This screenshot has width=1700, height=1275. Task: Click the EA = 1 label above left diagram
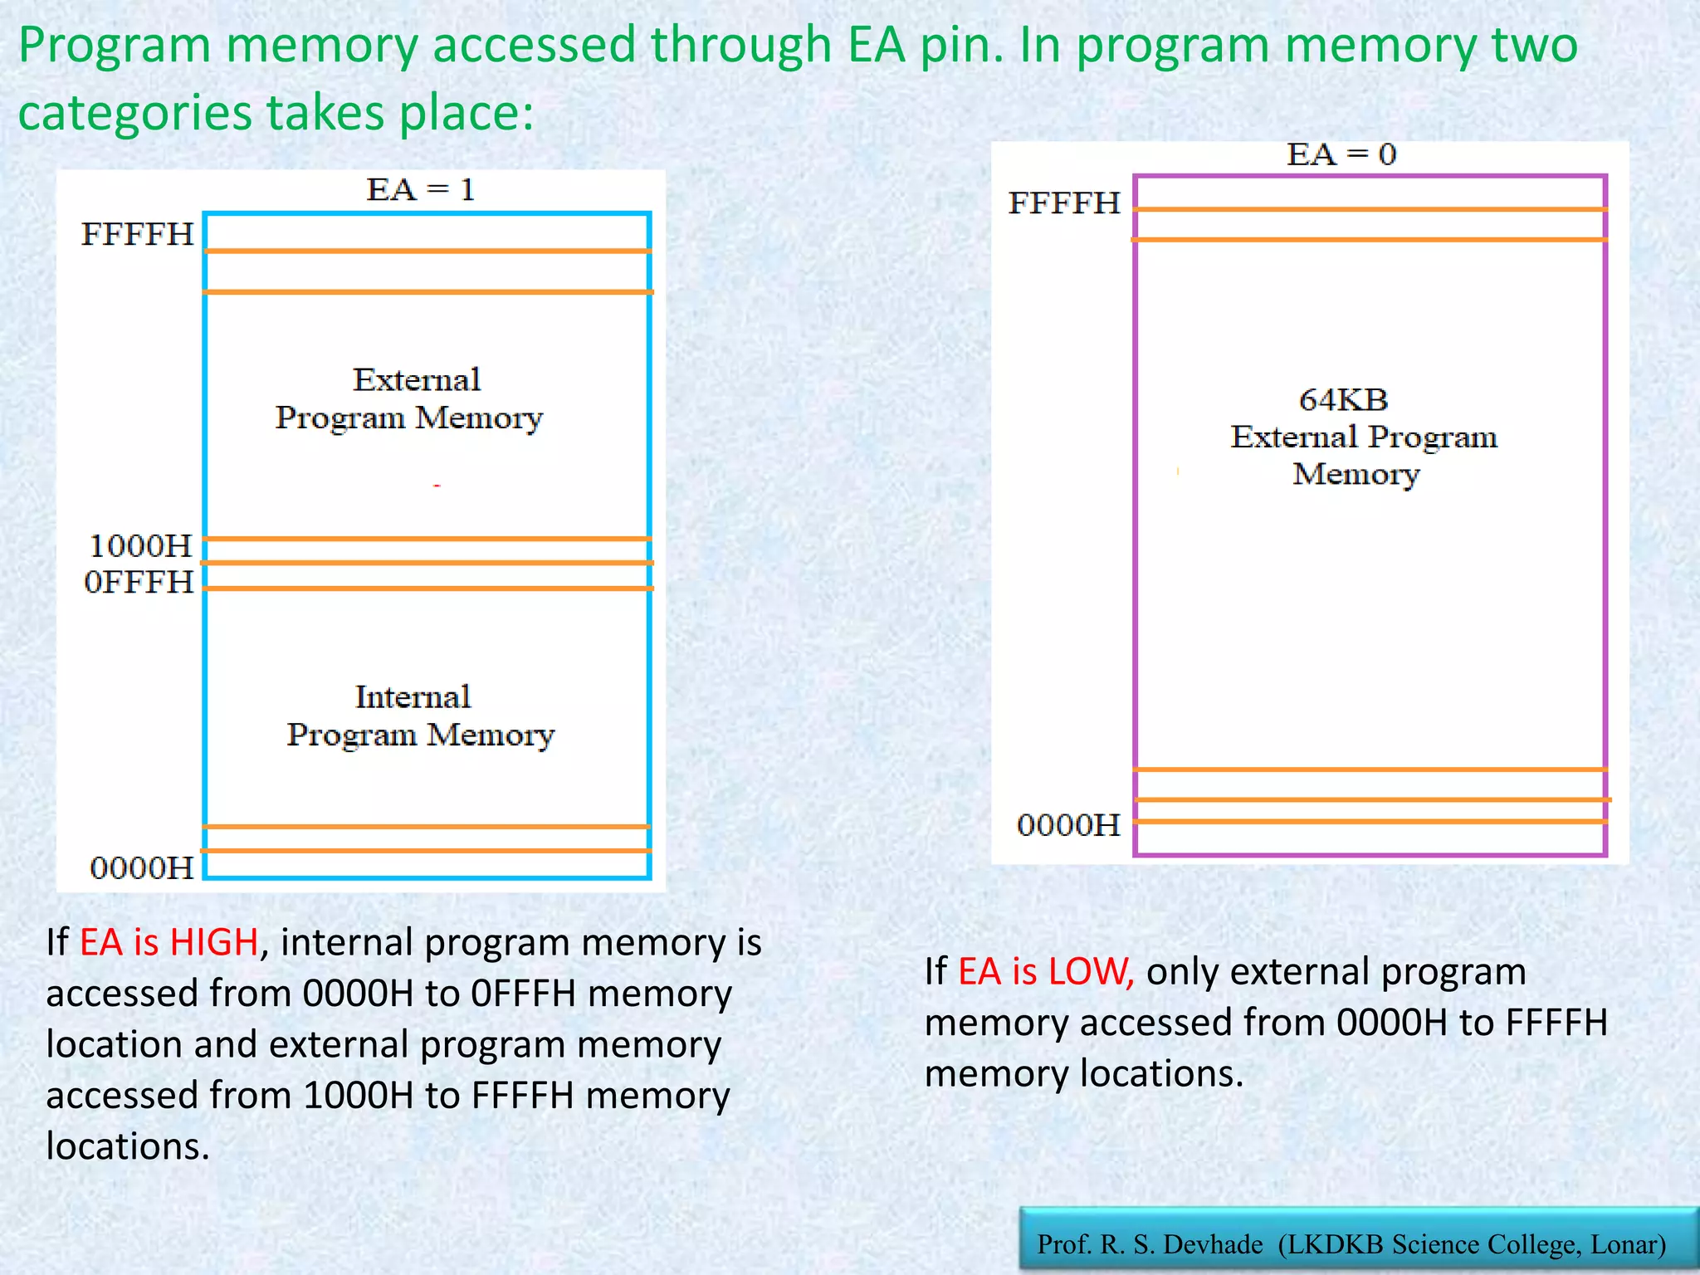pos(420,190)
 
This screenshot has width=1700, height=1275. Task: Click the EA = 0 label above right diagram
pos(1341,154)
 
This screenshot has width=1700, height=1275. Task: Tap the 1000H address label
pos(140,546)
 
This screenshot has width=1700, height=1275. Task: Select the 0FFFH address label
pos(139,583)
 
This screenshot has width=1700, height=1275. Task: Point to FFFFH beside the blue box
pos(137,235)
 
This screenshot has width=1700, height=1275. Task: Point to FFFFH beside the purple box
pos(1063,203)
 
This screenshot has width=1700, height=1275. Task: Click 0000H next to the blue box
pos(141,868)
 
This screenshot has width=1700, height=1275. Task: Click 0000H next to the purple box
pos(1068,825)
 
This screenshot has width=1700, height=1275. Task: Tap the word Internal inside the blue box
pos(413,697)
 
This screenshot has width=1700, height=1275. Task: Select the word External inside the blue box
pos(416,380)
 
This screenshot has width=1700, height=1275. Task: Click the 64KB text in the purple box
pos(1343,400)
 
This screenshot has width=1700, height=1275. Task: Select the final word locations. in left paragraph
pos(127,1147)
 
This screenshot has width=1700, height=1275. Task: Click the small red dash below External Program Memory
pos(437,486)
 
